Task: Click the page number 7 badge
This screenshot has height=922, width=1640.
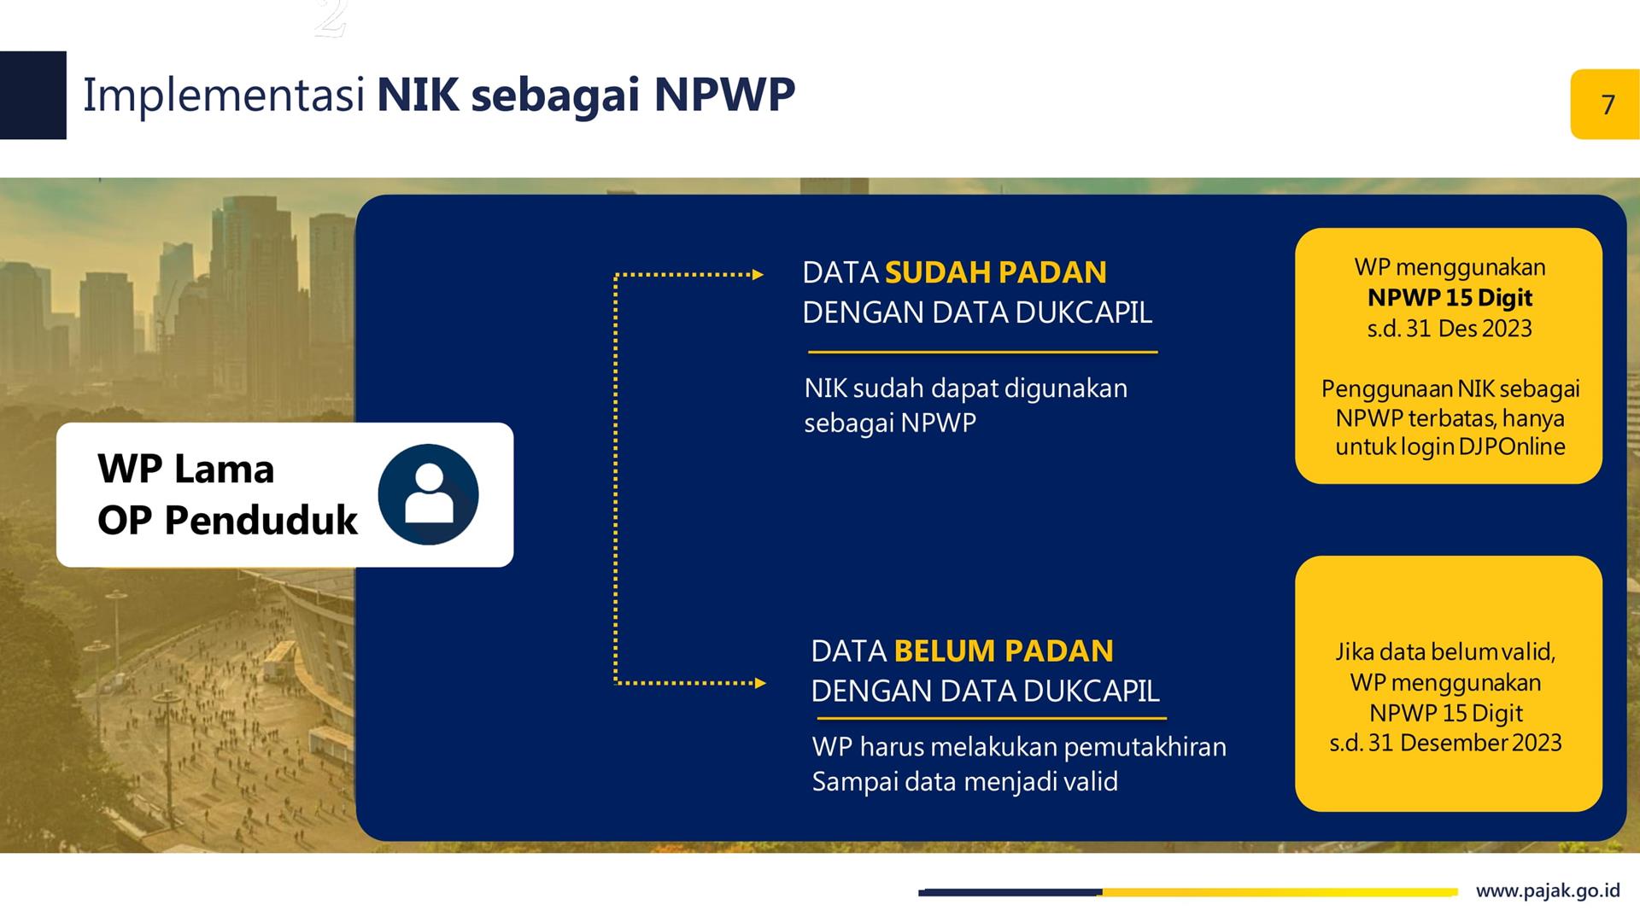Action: [x=1605, y=104]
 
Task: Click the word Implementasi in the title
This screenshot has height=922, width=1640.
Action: [x=224, y=96]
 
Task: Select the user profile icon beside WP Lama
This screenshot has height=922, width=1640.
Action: [x=428, y=494]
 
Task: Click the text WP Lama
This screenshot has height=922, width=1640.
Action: [x=185, y=469]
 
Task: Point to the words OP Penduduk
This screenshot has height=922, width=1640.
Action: [x=227, y=520]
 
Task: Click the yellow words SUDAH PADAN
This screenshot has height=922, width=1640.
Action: [x=996, y=272]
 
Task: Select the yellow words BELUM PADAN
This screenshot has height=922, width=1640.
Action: [x=1004, y=651]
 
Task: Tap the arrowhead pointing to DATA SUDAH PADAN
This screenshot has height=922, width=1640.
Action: [x=758, y=275]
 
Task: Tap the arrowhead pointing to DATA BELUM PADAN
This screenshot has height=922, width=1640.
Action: [x=760, y=683]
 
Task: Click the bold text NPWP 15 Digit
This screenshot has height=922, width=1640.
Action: [x=1450, y=298]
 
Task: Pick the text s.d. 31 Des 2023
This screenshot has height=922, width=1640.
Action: [x=1450, y=329]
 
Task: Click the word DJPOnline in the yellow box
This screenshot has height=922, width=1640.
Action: [x=1512, y=446]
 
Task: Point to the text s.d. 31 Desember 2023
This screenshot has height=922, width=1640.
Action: [x=1445, y=743]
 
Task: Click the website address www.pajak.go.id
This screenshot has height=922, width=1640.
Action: [x=1548, y=891]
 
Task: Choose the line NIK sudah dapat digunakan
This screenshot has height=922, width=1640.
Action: [x=966, y=389]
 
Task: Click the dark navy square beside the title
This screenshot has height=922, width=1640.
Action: [x=33, y=95]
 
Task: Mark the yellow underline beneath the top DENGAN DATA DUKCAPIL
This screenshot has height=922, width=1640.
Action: [x=983, y=352]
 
